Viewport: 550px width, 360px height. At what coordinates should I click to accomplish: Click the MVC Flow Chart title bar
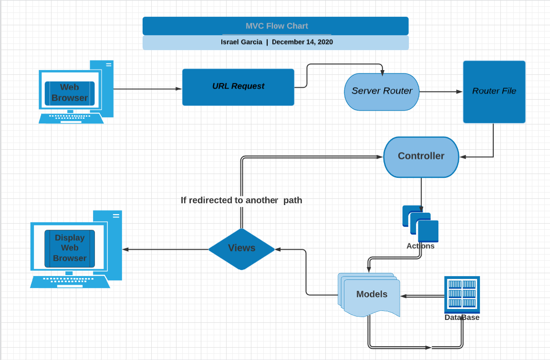[276, 26]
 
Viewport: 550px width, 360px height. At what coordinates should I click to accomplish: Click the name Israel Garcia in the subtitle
[241, 42]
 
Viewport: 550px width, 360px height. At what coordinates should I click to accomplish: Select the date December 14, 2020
[302, 42]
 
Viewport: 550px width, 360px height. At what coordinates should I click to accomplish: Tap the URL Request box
[238, 87]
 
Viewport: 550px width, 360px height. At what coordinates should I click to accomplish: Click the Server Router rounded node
[382, 92]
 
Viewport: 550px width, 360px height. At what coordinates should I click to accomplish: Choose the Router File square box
[494, 92]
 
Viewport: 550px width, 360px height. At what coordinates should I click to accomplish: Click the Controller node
[421, 156]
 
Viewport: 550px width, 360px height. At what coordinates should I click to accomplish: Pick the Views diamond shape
[241, 248]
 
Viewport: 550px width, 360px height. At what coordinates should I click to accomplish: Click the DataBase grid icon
[462, 294]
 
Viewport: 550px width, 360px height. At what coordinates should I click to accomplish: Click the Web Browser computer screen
[70, 93]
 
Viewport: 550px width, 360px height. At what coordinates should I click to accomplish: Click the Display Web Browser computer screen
[70, 248]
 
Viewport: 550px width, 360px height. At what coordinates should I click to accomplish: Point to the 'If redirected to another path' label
[241, 200]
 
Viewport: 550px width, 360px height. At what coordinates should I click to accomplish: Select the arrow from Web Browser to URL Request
[148, 89]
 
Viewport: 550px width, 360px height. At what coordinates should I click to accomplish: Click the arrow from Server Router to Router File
[441, 92]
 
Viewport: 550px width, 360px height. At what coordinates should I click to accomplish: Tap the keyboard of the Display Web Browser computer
[70, 281]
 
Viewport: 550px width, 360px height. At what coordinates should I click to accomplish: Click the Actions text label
[420, 246]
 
